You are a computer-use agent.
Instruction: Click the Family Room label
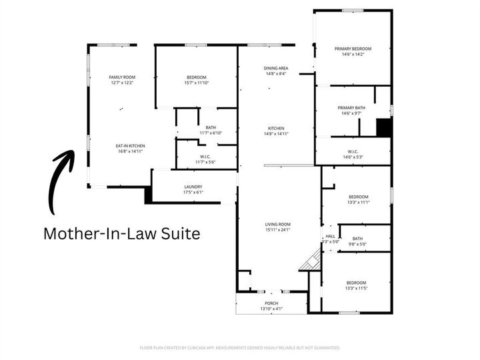121,77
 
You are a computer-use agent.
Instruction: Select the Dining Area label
275,68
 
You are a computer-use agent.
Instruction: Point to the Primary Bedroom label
353,49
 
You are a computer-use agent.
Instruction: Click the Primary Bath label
351,108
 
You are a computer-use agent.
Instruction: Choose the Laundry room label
193,187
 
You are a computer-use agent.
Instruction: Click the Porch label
271,303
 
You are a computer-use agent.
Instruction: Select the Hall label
330,236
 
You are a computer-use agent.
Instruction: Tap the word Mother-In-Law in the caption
96,234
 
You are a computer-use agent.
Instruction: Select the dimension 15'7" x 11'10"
196,83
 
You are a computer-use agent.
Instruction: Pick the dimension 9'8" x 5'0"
357,244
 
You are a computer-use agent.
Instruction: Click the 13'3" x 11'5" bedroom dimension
357,287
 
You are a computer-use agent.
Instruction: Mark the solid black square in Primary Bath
383,127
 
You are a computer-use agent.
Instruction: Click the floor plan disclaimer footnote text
240,347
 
